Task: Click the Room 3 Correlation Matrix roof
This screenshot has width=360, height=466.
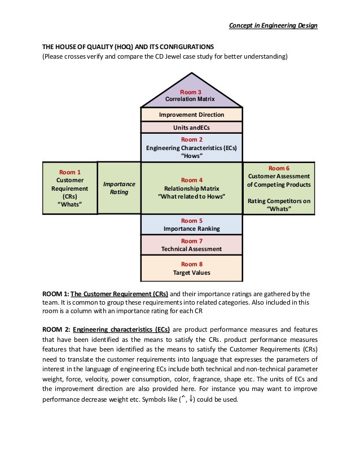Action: (191, 95)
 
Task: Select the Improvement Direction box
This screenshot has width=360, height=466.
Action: (191, 115)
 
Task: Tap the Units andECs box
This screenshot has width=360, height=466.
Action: (191, 128)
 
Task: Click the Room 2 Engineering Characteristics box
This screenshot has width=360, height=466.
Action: (191, 148)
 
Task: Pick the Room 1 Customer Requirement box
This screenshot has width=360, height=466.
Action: (70, 188)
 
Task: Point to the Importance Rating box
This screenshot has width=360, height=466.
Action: (119, 188)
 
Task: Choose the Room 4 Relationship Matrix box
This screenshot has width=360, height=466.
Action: (191, 188)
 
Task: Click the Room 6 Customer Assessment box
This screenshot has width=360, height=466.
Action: (279, 188)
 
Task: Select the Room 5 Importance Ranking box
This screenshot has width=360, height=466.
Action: (191, 225)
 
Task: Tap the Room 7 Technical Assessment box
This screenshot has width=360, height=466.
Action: (191, 245)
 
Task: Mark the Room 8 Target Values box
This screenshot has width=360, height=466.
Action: (191, 269)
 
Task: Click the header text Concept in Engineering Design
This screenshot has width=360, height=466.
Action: (273, 26)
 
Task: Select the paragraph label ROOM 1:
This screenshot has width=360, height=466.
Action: (55, 294)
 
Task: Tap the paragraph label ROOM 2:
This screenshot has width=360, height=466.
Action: (55, 329)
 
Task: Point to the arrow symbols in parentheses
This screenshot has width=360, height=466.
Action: (186, 399)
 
